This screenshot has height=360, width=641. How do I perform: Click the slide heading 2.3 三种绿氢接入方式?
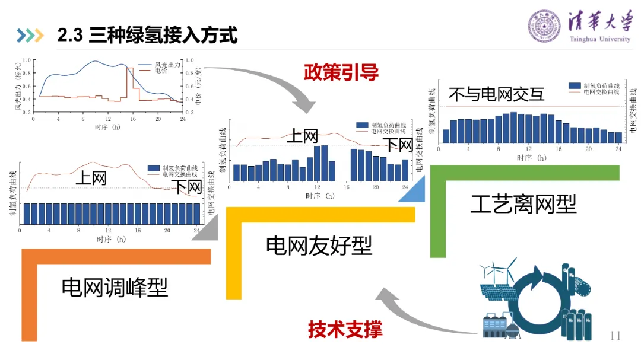point(147,36)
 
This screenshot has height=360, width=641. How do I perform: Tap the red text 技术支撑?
point(345,329)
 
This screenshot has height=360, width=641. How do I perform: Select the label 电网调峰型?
point(115,288)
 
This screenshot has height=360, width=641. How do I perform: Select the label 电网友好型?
point(319,245)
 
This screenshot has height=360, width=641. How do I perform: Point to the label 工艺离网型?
point(523,205)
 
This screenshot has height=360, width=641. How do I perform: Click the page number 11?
point(614,336)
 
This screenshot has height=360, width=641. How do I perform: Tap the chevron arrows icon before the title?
point(31,36)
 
